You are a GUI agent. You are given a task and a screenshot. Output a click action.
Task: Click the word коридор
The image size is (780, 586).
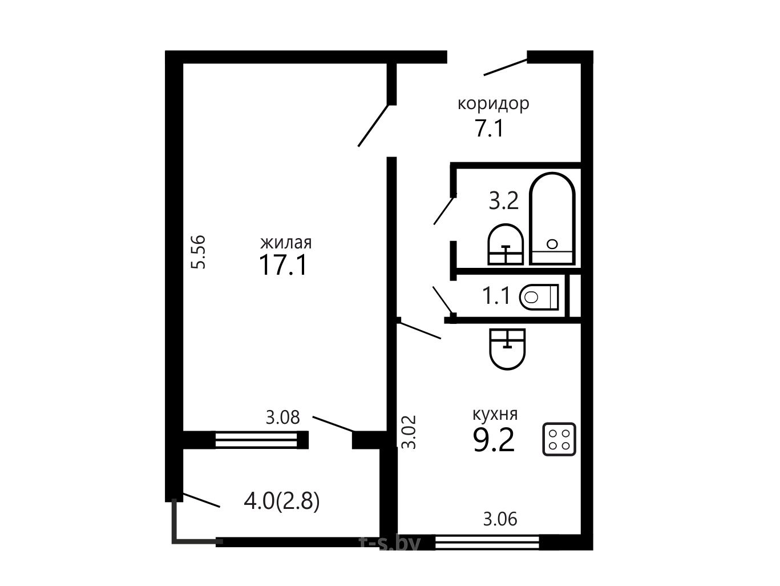(493, 105)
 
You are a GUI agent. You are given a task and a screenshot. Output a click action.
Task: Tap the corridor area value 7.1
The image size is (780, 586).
(490, 128)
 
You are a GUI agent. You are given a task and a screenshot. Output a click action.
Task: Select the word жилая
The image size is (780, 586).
(286, 243)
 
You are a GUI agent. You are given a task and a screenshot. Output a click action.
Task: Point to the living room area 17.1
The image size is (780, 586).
(283, 265)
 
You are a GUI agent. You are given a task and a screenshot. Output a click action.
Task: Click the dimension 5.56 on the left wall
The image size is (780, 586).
(199, 252)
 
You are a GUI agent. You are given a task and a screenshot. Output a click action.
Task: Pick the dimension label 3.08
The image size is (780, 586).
(283, 417)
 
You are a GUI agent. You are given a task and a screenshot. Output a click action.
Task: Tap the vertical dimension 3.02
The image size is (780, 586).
(409, 432)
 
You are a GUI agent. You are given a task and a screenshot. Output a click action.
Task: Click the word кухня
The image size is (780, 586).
(495, 414)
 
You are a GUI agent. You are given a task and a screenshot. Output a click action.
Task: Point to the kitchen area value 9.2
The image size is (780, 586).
(494, 440)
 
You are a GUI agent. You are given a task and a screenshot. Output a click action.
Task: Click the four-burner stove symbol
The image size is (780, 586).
(559, 439)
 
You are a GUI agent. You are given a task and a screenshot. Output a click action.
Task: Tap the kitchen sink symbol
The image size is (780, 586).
(507, 349)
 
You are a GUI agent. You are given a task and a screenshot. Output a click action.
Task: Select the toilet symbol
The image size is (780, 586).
(539, 297)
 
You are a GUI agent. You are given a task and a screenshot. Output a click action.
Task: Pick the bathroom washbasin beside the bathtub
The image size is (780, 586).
(506, 244)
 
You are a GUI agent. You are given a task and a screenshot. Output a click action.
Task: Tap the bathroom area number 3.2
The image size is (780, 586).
(503, 201)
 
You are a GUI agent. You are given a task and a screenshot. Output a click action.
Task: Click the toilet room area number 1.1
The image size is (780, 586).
(496, 296)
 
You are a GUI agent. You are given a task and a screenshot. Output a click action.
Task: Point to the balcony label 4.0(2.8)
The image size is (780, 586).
(282, 501)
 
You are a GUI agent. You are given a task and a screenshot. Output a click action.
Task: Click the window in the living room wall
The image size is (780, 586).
(256, 440)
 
